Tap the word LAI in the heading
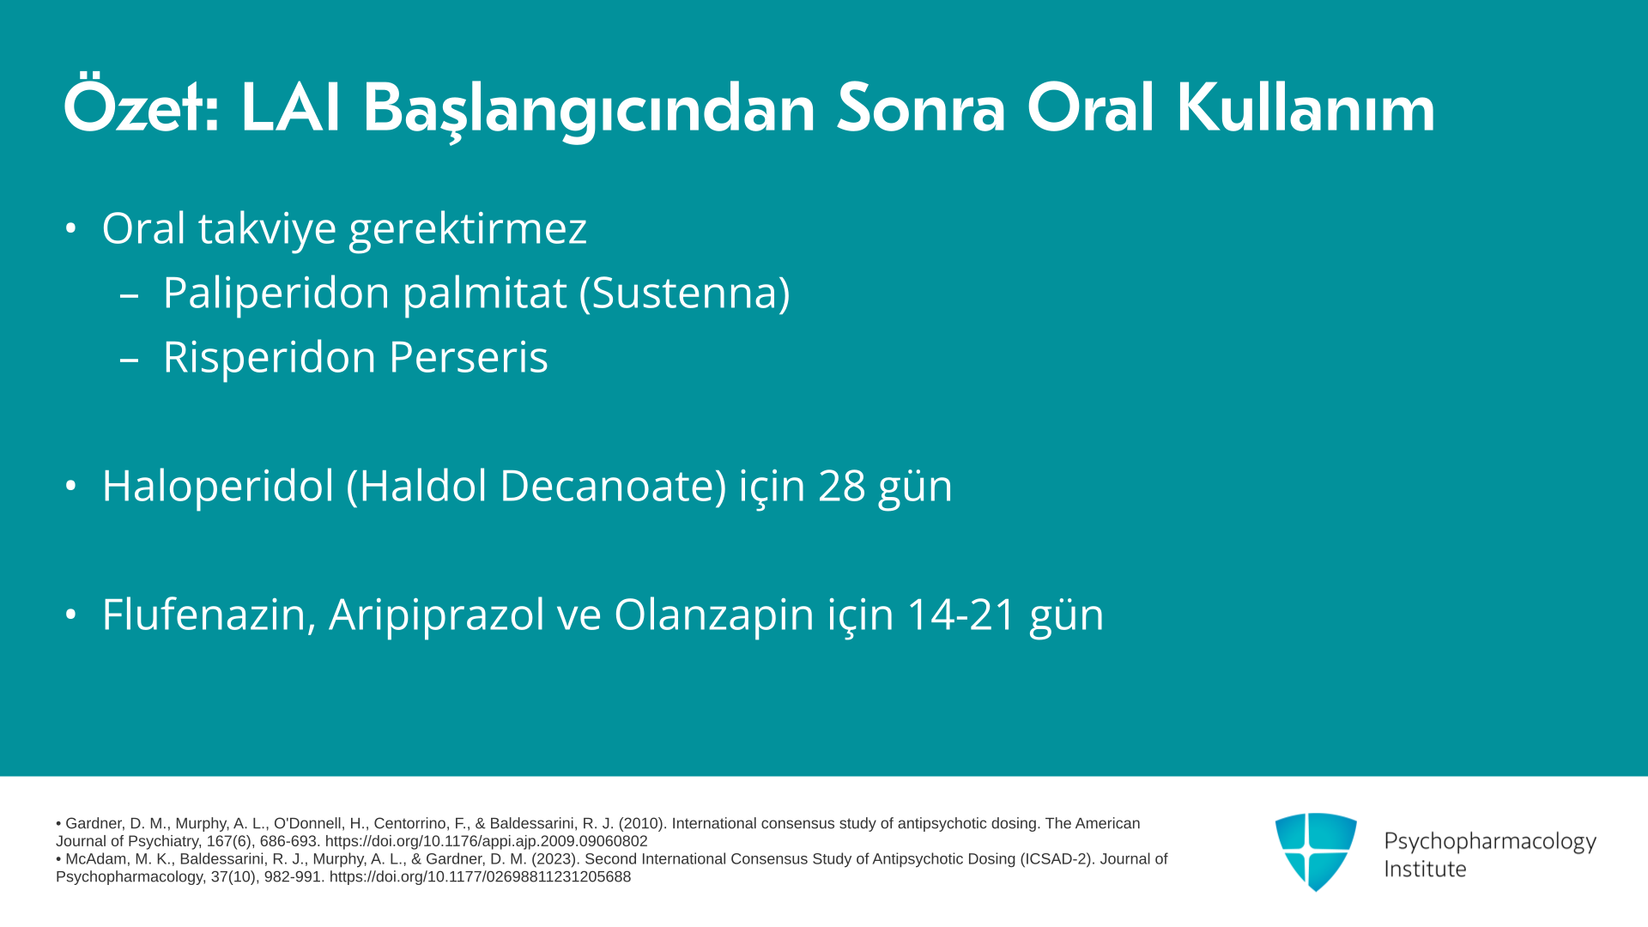tap(291, 108)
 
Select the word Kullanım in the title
tap(1306, 108)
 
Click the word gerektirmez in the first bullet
tap(467, 228)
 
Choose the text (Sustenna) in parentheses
tap(684, 293)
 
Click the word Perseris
tap(468, 357)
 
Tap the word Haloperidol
tap(217, 486)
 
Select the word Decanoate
tap(613, 486)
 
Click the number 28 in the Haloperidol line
tap(841, 486)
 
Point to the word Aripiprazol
tap(436, 615)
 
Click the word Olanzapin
tap(713, 615)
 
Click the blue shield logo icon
tap(1316, 851)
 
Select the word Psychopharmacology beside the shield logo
tap(1490, 842)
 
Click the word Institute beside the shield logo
tap(1425, 869)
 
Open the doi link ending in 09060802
tap(486, 841)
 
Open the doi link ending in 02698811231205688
tap(480, 877)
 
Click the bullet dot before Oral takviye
tap(70, 228)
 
